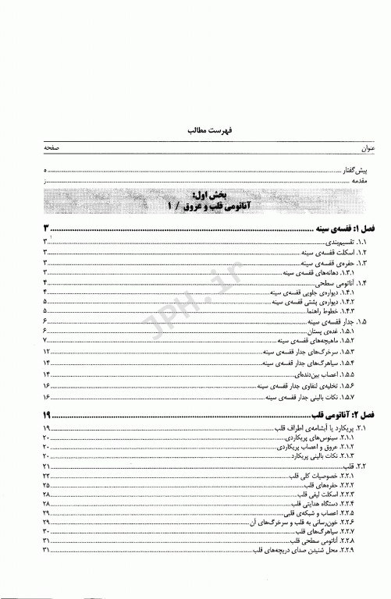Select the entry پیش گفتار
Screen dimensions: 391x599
pos(350,170)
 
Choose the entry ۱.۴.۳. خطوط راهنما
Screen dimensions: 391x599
pos(328,310)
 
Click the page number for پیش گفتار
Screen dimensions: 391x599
pos(46,170)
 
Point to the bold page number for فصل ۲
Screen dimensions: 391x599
pos(48,415)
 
